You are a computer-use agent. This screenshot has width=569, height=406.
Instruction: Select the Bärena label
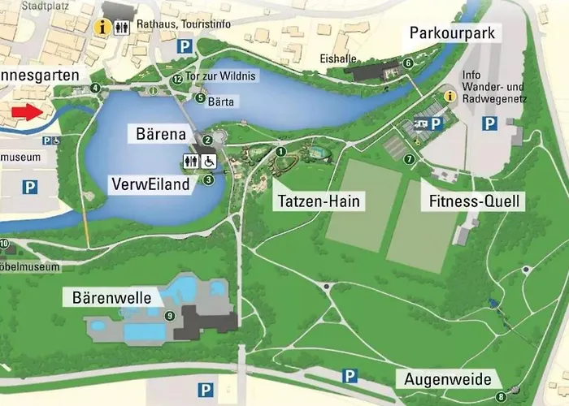pos(161,132)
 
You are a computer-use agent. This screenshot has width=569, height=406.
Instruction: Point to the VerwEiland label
pos(151,184)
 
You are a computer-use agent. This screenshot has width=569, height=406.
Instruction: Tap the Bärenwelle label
pos(107,298)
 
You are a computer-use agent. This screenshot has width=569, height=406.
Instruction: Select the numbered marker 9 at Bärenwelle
pos(170,316)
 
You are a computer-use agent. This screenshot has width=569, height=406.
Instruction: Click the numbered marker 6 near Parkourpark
pos(408,63)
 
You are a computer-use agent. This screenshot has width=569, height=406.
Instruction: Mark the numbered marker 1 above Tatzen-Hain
pos(281,150)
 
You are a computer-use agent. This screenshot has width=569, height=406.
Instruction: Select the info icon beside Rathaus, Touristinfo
pos(102,27)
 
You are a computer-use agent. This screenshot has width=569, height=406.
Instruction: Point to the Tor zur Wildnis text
pos(221,76)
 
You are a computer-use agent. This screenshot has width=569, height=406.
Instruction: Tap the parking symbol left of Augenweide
pos(350,375)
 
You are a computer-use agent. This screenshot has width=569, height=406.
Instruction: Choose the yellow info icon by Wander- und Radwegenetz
pos(450,97)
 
